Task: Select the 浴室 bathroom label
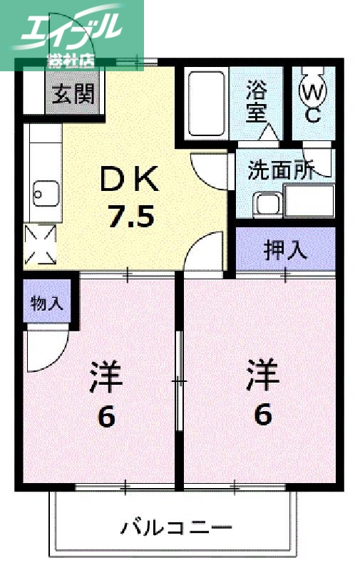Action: pos(257,102)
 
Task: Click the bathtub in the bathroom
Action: pos(206,103)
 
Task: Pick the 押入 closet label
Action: pos(285,250)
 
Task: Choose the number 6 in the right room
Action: pos(263,414)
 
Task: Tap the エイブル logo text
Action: pos(71,28)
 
